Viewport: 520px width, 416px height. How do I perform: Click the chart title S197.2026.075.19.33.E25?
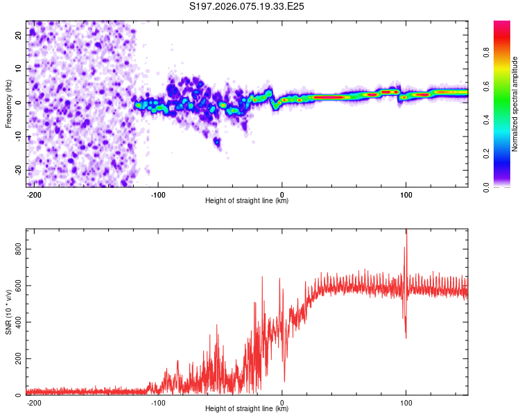[247, 6]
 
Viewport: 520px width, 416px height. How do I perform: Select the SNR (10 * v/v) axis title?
[8, 311]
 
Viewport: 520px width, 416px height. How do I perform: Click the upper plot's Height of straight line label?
[247, 200]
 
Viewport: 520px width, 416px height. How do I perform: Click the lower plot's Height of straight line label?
[247, 408]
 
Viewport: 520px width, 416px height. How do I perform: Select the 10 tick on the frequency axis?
[19, 69]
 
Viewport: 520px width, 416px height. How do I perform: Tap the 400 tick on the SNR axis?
[17, 322]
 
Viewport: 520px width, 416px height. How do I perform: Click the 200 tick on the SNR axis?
[17, 358]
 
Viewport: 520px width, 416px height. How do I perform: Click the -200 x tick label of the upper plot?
[33, 193]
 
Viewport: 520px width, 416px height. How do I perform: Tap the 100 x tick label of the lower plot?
[406, 401]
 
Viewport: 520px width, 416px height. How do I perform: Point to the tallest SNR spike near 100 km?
[406, 233]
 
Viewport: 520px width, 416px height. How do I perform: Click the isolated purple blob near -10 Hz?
[217, 142]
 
